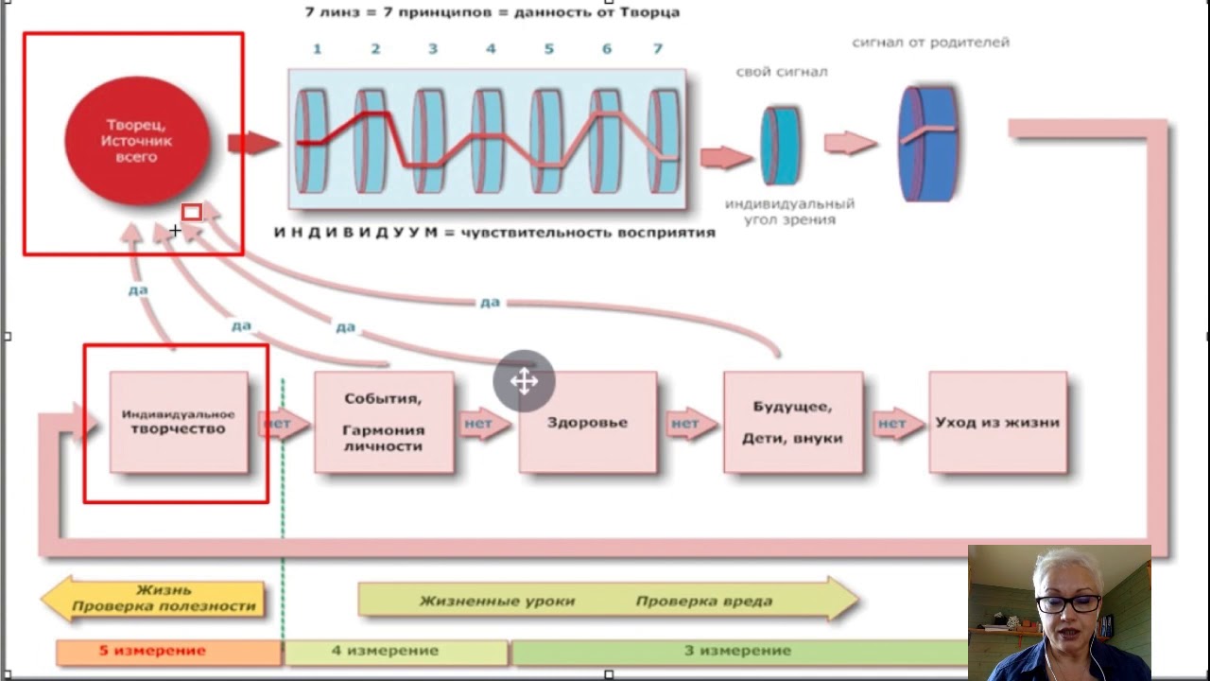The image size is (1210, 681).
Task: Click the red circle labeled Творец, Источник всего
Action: pos(136,141)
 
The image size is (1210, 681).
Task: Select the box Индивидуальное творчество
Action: pos(179,422)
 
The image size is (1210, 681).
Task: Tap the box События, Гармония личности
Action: pos(384,422)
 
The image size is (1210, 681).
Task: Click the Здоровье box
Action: pos(587,422)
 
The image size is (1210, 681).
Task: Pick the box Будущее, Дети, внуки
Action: pos(792,422)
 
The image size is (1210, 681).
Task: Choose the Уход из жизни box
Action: pos(997,422)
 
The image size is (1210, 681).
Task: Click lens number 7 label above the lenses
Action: pos(658,48)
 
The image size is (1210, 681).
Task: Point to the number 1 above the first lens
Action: pos(317,48)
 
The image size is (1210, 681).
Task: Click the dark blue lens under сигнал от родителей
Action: pos(927,143)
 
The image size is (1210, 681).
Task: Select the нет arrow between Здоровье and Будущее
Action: pos(688,423)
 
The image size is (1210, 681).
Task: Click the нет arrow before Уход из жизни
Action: pos(894,423)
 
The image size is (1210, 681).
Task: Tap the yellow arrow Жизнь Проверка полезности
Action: pos(153,598)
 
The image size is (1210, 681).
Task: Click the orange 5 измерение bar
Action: pos(168,652)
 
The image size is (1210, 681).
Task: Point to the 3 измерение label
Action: pos(737,651)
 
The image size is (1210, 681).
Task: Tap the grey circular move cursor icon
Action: pos(524,381)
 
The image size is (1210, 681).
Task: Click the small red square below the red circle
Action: pos(192,212)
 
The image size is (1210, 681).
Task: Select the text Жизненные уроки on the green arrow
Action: pos(497,601)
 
